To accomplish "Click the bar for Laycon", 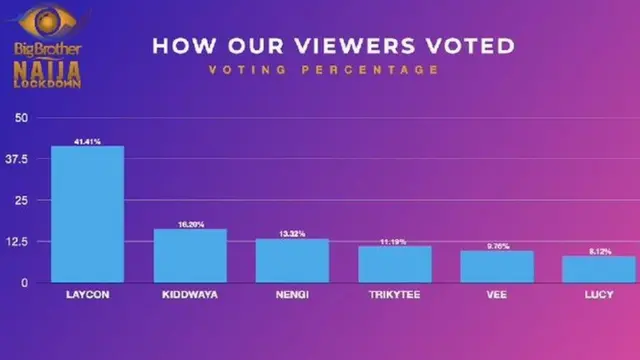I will pos(88,214).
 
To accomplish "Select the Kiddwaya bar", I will pos(190,255).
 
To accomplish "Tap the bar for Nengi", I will pos(292,260).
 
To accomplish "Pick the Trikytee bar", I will pos(395,263).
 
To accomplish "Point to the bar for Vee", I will pos(496,266).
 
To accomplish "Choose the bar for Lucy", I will pos(598,269).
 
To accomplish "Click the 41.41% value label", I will pos(88,141).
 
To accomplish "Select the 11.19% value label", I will pos(395,241).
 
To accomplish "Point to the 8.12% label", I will pos(598,251).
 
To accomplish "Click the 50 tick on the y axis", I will pos(21,118).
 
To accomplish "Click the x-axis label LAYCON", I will pos(88,296).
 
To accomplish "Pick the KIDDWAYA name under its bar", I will pos(190,296).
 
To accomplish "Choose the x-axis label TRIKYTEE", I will pos(395,296).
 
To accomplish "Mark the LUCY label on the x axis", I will pos(598,296).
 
